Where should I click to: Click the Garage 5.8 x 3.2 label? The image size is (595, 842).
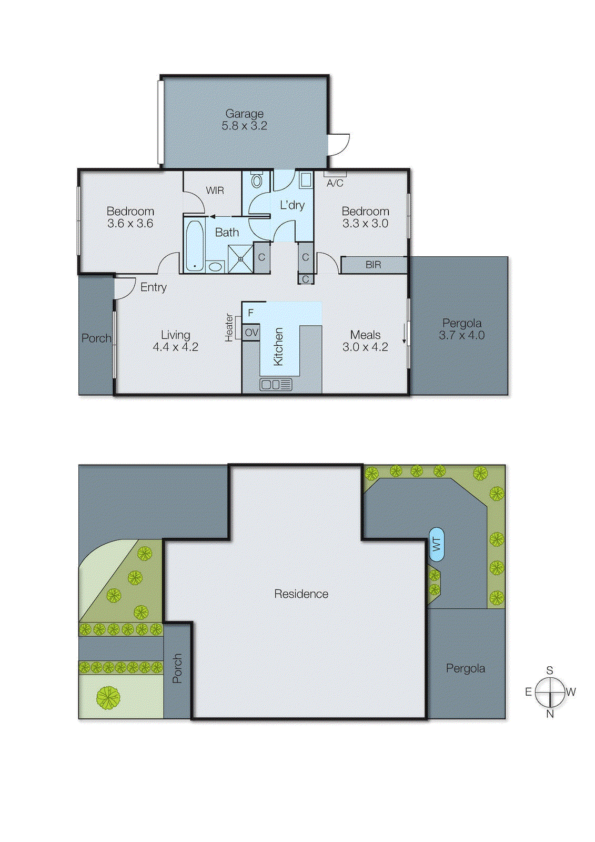tap(244, 119)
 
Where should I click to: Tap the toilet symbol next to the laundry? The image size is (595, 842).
tap(257, 181)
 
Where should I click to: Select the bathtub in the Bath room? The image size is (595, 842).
tap(195, 245)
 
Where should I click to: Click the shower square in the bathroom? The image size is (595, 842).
tap(240, 259)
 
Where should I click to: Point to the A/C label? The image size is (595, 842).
tap(335, 183)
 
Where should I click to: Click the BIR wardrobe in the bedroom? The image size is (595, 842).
tap(373, 265)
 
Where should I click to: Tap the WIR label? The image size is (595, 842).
tap(215, 191)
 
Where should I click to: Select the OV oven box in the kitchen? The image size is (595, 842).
tap(251, 333)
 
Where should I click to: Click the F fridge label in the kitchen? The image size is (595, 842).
tap(251, 313)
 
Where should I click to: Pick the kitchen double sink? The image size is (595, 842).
tap(276, 385)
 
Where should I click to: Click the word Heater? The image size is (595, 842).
tap(229, 327)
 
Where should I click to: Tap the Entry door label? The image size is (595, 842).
tap(153, 287)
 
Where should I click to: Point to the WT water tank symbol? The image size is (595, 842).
tap(437, 545)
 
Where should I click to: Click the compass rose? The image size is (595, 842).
tap(550, 692)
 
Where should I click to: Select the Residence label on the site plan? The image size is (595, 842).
tap(301, 594)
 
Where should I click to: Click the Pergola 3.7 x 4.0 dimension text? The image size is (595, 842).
tap(461, 329)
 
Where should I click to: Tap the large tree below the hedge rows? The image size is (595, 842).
tap(108, 698)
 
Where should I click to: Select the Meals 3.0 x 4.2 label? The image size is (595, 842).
tap(365, 341)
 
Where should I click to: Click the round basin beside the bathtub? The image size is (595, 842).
tap(215, 266)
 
